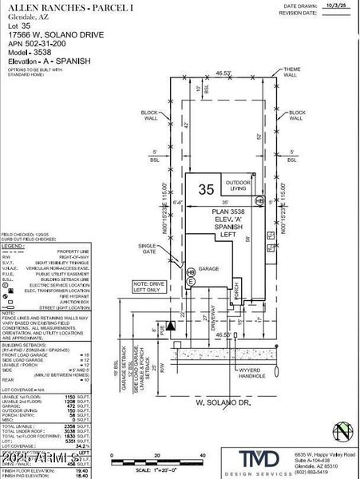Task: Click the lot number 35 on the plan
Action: [x=207, y=189]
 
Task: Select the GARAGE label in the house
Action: [x=208, y=269]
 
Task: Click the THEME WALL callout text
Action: [x=293, y=73]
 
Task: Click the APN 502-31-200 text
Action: [x=39, y=43]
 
